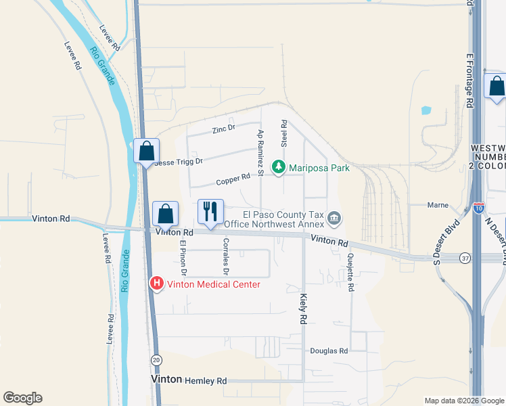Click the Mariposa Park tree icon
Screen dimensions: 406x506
pyautogui.click(x=277, y=167)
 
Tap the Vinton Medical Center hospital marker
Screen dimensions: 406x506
pyautogui.click(x=157, y=284)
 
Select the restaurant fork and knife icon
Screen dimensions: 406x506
pyautogui.click(x=210, y=211)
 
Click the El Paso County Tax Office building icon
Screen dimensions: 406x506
pyautogui.click(x=334, y=219)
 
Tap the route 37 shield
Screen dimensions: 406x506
pyautogui.click(x=463, y=258)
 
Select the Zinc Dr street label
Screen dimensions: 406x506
pyautogui.click(x=223, y=128)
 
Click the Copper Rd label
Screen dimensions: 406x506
pyautogui.click(x=233, y=181)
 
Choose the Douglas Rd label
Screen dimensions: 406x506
pyautogui.click(x=329, y=351)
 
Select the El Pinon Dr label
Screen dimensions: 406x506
pyautogui.click(x=182, y=258)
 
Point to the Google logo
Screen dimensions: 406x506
pyautogui.click(x=22, y=398)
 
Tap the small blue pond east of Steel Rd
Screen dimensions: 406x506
pyautogui.click(x=425, y=110)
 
